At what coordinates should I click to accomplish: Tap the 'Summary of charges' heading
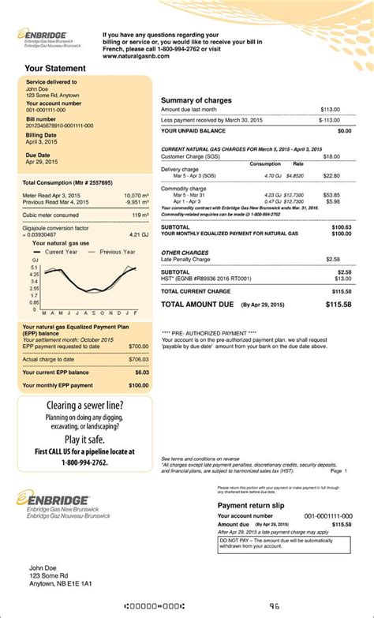196,100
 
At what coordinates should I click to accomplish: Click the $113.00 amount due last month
330,110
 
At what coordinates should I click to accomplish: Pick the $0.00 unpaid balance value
344,130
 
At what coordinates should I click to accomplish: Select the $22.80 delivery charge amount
331,176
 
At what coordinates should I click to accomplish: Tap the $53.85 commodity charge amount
331,195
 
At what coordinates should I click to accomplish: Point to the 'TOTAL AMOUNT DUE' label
199,304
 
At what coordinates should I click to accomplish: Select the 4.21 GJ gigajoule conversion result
138,234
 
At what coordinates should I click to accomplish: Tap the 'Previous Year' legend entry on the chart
118,253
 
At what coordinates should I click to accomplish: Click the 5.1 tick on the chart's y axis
35,268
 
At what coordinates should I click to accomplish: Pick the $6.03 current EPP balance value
139,372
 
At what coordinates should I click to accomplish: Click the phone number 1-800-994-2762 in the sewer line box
84,462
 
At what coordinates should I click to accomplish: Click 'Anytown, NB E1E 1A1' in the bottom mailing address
60,585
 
